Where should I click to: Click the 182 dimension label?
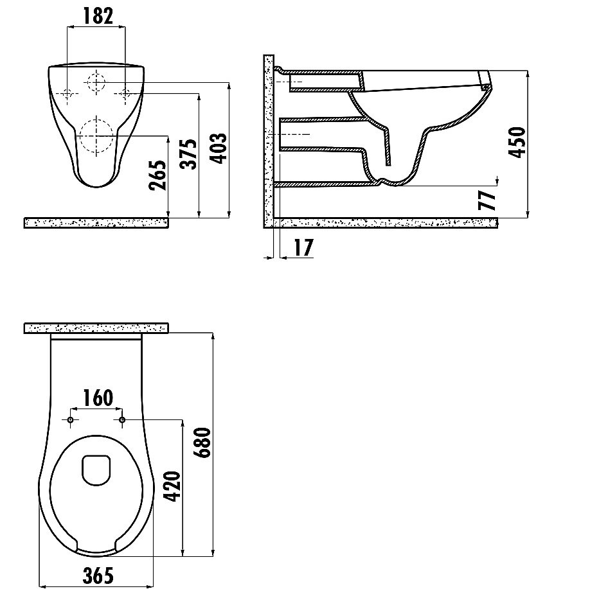click(x=98, y=16)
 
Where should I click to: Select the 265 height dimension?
click(x=158, y=175)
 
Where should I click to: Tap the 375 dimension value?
click(x=189, y=154)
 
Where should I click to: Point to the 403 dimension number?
click(x=218, y=148)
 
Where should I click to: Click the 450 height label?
click(x=517, y=142)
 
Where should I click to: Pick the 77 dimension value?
click(x=487, y=200)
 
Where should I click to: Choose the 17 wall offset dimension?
click(x=303, y=248)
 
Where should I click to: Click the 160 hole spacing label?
click(x=98, y=398)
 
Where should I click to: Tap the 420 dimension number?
click(x=172, y=486)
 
